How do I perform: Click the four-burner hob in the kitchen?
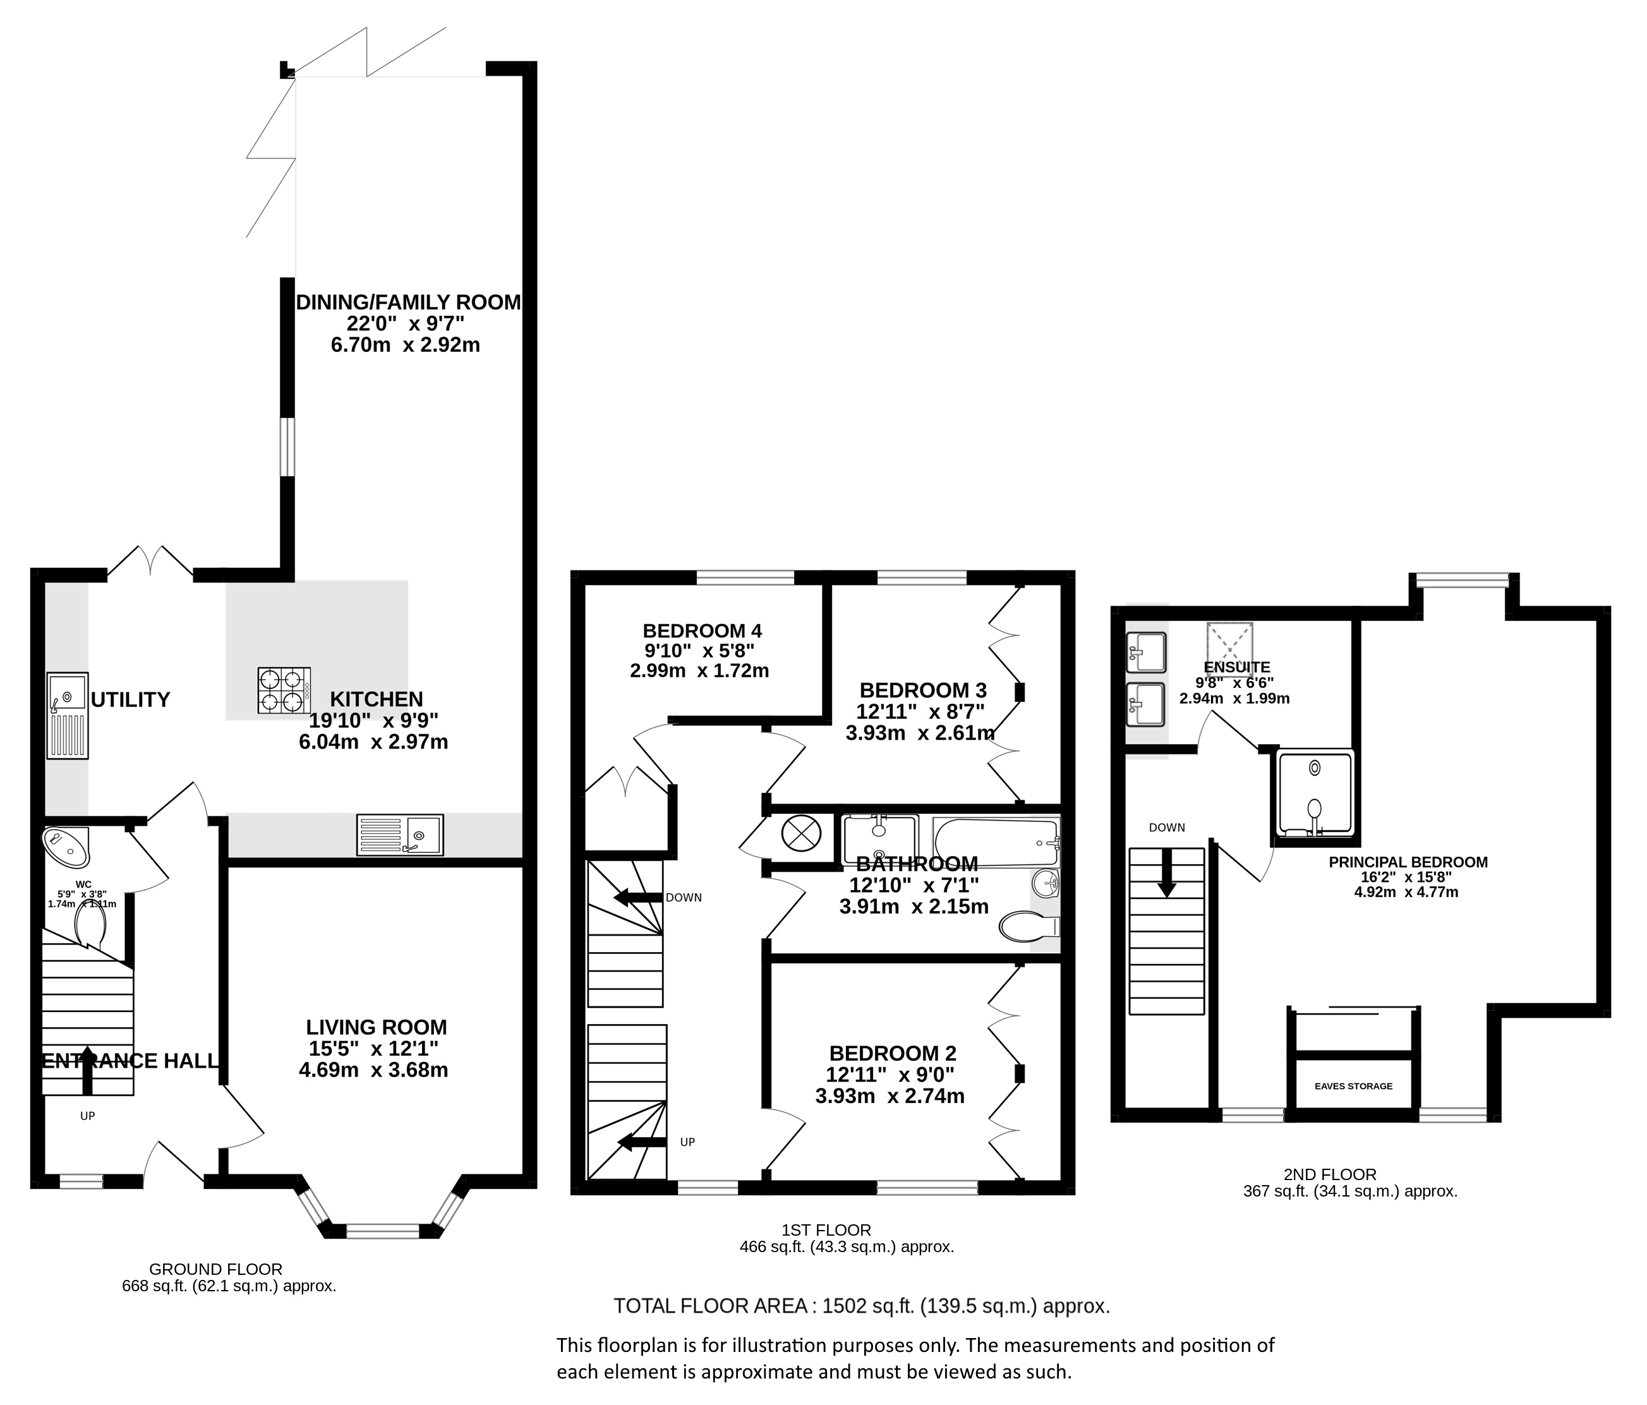[284, 690]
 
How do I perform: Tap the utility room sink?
[68, 715]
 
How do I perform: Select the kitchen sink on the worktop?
[400, 835]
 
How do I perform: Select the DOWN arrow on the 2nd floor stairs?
[1166, 873]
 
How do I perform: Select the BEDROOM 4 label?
[702, 631]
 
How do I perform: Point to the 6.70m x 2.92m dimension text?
[406, 345]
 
